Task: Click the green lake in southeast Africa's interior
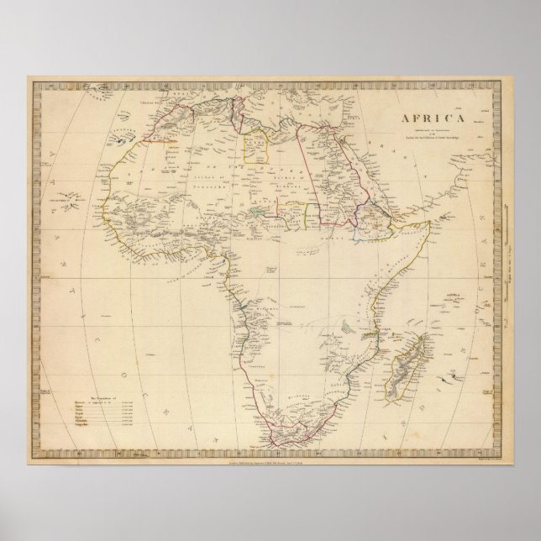click(345, 320)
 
